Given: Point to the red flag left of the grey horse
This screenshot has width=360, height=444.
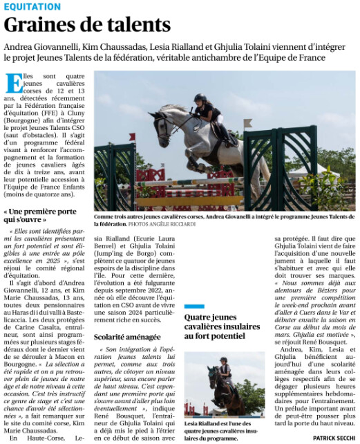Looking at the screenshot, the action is tap(131, 137).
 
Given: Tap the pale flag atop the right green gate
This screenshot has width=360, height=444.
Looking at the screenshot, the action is tap(247, 123).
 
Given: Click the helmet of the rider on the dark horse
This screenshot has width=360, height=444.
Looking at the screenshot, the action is tap(223, 360).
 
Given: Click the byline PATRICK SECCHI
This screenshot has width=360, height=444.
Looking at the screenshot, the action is tap(334, 438).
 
